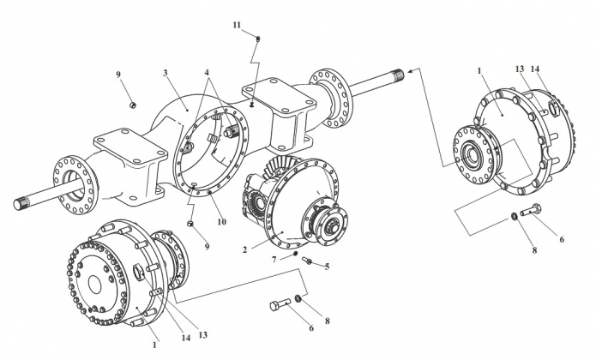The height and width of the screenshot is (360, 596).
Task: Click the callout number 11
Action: [x=237, y=25]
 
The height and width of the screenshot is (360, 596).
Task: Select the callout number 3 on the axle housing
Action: [x=166, y=73]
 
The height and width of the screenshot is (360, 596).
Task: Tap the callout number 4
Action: [x=208, y=72]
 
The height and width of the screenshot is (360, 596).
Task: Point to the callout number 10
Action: [x=221, y=222]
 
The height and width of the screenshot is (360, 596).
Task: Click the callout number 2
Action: [x=244, y=250]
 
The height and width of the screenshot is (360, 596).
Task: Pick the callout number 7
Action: [x=274, y=260]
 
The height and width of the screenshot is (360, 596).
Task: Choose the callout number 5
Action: [x=328, y=267]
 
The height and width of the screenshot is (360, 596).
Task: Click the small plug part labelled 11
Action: [x=258, y=38]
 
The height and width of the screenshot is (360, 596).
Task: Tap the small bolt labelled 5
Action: [x=307, y=260]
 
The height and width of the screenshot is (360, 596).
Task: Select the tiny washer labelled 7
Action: [x=295, y=254]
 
